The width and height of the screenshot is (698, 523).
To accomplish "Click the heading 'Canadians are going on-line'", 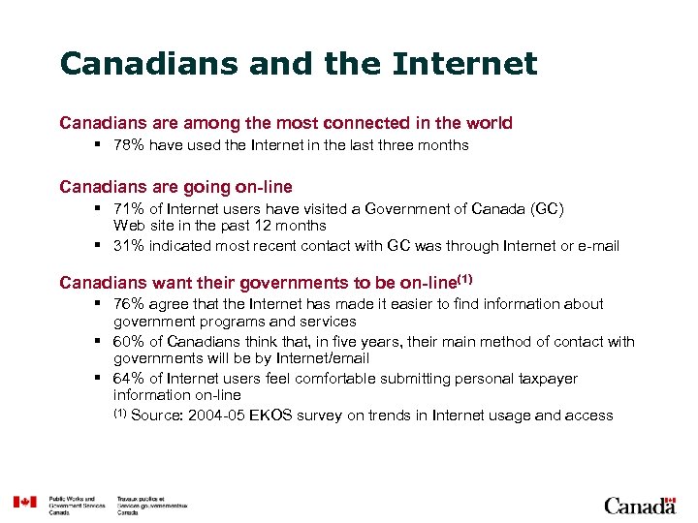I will pos(175,186).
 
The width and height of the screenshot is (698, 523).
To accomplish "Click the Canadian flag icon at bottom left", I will pos(24,502).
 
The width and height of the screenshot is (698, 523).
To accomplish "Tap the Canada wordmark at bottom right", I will pos(639,505).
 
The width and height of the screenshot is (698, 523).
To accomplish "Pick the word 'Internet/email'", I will pos(321,358).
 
